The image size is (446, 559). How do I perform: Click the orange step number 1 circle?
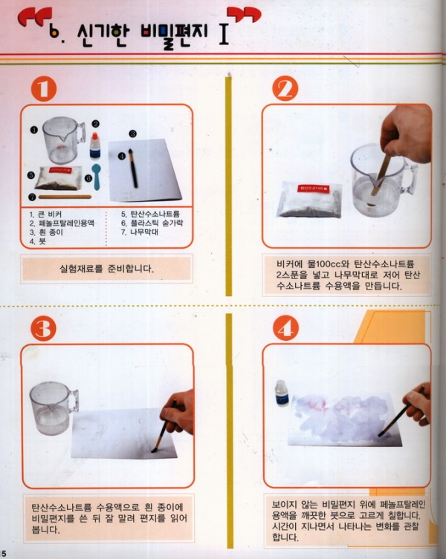pos(44,89)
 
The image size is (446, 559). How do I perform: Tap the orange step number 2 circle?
pos(285,88)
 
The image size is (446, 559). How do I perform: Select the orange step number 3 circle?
pos(44,328)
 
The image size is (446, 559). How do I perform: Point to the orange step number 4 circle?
pos(285,328)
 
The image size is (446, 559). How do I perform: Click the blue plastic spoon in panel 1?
pos(97,177)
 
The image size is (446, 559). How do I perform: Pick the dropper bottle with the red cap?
pos(95,146)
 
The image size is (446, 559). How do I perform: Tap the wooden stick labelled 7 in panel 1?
pos(65,197)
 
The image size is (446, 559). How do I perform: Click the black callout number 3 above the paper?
pos(133,134)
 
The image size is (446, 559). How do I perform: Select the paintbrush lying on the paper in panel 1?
pos(133,169)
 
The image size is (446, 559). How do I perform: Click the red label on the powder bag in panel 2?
pos(314,188)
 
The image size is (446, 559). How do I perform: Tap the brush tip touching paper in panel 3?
pos(155,450)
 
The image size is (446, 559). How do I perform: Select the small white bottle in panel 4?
pos(282,393)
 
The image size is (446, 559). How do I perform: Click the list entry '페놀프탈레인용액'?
pos(66,223)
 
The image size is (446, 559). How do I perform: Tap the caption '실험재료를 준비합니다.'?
pos(106,269)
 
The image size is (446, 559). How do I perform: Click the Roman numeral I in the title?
pos(224,34)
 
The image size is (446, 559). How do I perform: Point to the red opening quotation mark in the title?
pos(34,17)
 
